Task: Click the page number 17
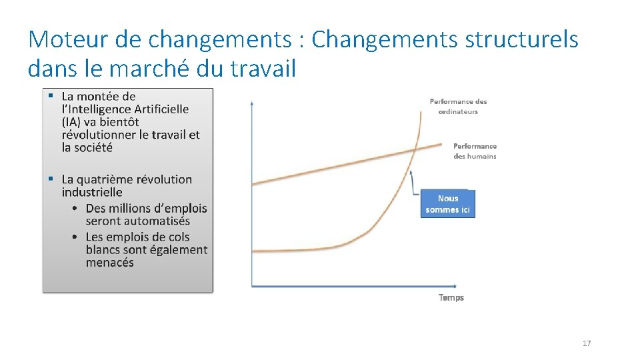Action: click(587, 343)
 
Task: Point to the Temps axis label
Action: click(451, 297)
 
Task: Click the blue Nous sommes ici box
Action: click(448, 204)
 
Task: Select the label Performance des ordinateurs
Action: click(458, 107)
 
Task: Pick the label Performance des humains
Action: click(475, 151)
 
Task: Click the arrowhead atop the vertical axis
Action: click(251, 102)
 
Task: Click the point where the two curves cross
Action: click(415, 150)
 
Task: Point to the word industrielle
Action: click(92, 192)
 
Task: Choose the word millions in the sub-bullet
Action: click(136, 209)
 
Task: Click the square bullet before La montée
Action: click(50, 97)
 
